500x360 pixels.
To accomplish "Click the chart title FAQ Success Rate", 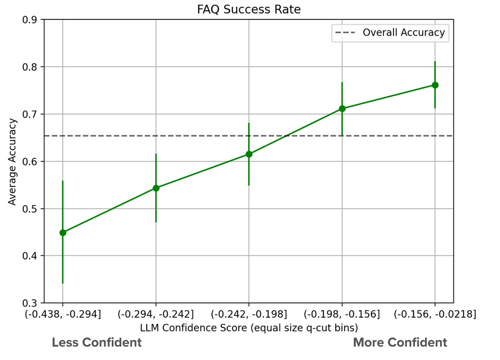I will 248,9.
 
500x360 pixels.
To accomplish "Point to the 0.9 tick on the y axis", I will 33,20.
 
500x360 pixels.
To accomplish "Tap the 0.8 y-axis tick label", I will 33,67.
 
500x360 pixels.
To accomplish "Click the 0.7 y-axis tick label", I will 33,114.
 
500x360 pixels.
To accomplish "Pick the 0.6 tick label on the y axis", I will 33,161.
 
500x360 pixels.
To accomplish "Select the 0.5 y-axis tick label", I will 33,209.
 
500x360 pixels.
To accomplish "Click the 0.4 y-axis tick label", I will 33,256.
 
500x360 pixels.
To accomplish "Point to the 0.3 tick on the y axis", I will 33,303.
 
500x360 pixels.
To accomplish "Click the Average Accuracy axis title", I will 13,161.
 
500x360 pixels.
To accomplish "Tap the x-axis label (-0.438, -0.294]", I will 63,315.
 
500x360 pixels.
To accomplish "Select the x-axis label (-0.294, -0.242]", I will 156,315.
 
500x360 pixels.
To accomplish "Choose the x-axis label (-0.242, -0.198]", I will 249,315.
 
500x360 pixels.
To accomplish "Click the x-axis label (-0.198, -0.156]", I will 342,315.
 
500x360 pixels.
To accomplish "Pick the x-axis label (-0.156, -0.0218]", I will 435,315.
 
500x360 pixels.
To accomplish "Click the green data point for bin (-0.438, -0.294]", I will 63,232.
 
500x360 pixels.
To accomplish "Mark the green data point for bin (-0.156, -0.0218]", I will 435,85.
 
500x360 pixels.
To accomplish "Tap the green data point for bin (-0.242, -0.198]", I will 249,154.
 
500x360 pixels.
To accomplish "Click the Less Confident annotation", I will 97,343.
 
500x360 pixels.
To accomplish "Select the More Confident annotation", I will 400,343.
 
